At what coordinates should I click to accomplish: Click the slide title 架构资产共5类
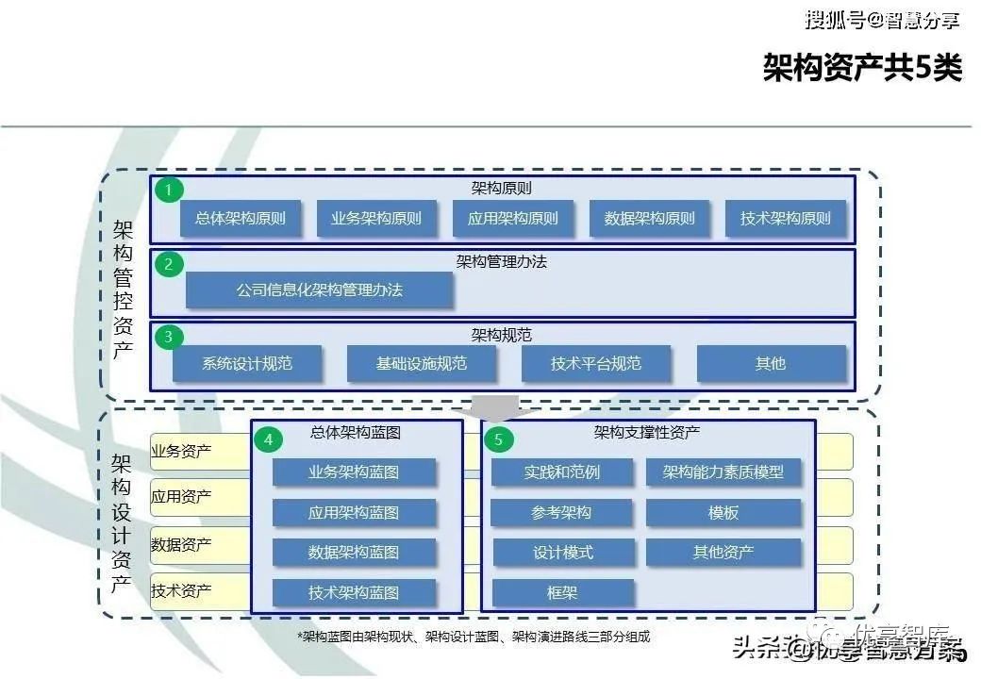[x=862, y=68]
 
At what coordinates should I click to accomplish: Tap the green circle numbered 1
[x=169, y=190]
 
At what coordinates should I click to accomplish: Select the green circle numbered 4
[x=270, y=439]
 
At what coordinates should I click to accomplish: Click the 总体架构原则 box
[x=240, y=219]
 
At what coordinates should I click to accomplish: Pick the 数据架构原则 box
[x=649, y=219]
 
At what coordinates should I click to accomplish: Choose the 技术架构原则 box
[x=786, y=219]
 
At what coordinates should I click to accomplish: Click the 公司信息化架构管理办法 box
[x=319, y=290]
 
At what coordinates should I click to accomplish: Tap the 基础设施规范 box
[x=421, y=363]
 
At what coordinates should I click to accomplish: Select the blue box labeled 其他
[x=771, y=363]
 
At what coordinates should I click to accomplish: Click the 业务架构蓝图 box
[x=354, y=472]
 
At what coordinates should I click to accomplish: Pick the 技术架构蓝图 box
[x=354, y=592]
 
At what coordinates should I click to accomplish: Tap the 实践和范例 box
[x=562, y=472]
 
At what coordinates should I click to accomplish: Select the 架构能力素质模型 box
[x=723, y=472]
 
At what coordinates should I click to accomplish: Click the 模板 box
[x=723, y=512]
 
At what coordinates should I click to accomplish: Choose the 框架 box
[x=562, y=592]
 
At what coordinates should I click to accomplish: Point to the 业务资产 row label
[x=181, y=451]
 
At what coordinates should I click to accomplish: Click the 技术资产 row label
[x=181, y=591]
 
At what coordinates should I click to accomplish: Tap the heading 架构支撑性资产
[x=647, y=433]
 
